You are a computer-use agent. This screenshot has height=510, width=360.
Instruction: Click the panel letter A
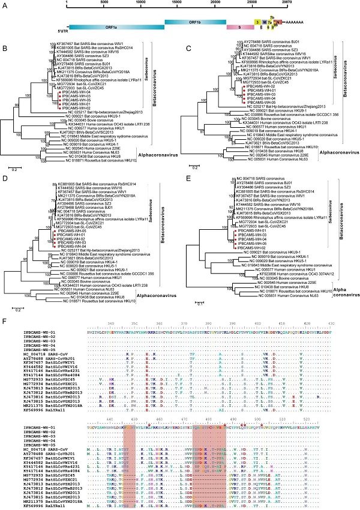click(x=5, y=5)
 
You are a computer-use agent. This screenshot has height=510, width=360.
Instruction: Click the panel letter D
click(x=5, y=176)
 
